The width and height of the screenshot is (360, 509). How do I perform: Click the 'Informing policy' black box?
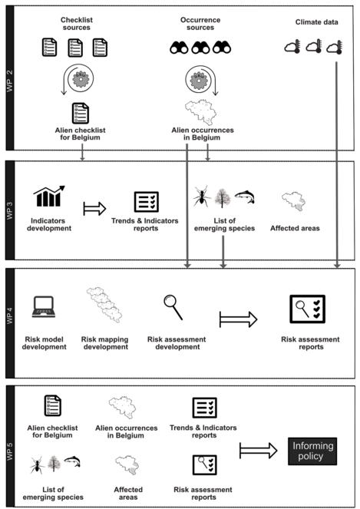point(312,451)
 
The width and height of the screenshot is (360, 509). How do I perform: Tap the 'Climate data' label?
point(316,22)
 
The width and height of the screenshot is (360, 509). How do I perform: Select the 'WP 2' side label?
point(10,81)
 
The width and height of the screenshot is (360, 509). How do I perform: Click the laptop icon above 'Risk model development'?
point(44,306)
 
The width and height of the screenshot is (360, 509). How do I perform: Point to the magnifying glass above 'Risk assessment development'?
point(173,307)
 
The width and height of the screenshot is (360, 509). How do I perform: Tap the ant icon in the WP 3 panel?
point(202,196)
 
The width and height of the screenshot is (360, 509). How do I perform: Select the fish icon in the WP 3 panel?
point(244,197)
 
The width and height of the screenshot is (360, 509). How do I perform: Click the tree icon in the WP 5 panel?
point(54,464)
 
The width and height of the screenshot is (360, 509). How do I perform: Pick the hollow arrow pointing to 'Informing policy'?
point(259,450)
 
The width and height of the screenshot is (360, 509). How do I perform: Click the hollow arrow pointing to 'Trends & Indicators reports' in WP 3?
point(94,208)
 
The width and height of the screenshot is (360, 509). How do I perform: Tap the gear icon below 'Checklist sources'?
point(81,80)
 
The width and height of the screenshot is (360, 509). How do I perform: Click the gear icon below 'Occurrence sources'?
point(199,80)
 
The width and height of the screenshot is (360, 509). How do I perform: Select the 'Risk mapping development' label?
point(105,343)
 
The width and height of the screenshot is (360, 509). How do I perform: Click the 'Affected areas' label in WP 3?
point(295,228)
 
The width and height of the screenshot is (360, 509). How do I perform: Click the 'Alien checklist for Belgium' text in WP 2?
point(80,134)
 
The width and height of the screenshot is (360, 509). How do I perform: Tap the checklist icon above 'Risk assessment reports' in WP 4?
point(307,309)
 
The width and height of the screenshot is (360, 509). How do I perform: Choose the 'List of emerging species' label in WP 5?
point(53,494)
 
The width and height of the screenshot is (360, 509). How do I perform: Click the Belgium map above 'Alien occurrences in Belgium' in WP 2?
point(200,112)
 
